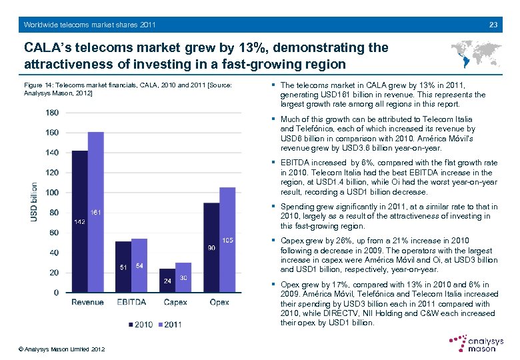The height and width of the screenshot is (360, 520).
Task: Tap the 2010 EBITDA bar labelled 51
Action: [x=123, y=267]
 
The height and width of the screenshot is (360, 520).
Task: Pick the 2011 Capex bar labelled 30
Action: [x=183, y=277]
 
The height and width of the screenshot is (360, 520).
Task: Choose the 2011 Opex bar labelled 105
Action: [x=227, y=240]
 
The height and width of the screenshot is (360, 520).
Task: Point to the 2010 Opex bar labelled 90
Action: [x=211, y=247]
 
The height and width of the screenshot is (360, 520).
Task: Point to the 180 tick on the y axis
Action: [x=51, y=113]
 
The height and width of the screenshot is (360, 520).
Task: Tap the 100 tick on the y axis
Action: [x=51, y=193]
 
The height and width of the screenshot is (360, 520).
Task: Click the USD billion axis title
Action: [x=34, y=203]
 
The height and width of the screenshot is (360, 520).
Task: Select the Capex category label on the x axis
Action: [x=175, y=302]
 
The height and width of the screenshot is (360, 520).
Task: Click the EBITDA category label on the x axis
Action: [x=131, y=302]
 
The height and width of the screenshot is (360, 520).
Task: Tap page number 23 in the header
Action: [x=493, y=25]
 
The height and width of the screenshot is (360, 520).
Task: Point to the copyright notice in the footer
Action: [x=62, y=349]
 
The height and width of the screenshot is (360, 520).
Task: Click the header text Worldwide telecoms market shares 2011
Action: [x=90, y=25]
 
